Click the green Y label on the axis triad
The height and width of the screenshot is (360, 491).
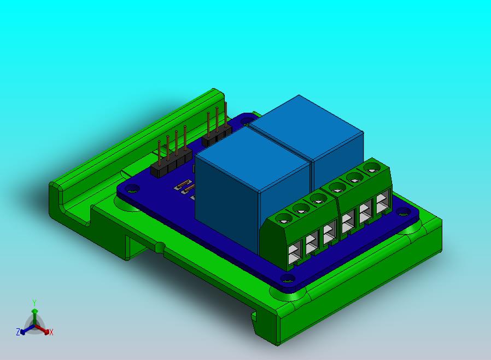(x=34, y=303)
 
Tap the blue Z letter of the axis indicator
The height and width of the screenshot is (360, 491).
(x=18, y=332)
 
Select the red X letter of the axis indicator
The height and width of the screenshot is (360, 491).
(x=51, y=333)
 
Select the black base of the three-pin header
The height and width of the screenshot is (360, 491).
(x=217, y=134)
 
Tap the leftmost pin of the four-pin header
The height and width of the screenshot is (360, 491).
(x=160, y=154)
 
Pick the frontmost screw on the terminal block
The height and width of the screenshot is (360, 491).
(x=284, y=218)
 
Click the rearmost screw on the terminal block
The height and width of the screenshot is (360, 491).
(x=371, y=168)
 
